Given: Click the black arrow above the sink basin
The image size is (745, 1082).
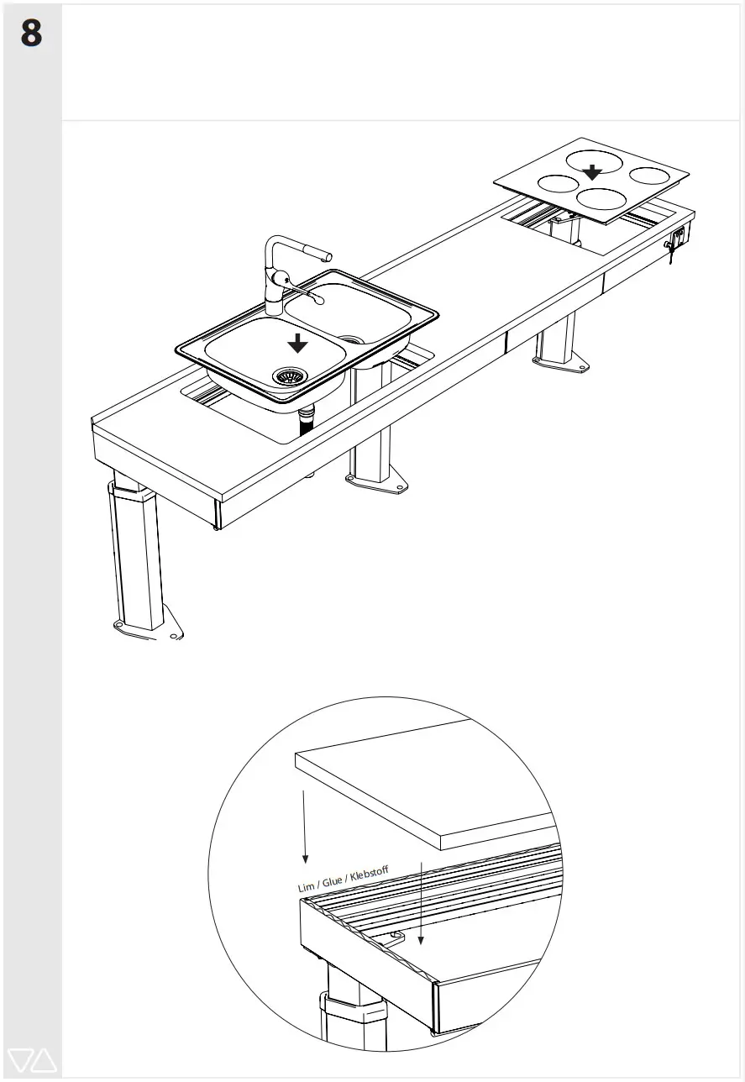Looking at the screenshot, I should (x=296, y=343).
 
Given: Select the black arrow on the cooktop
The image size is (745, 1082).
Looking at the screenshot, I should (x=593, y=171).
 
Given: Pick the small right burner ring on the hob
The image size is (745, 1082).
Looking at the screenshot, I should (x=652, y=176).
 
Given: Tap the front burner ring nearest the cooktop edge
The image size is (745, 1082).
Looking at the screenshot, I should (x=601, y=198).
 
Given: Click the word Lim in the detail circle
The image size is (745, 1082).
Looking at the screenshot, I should (x=306, y=887).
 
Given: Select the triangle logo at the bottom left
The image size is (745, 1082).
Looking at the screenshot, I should (x=31, y=1060).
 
